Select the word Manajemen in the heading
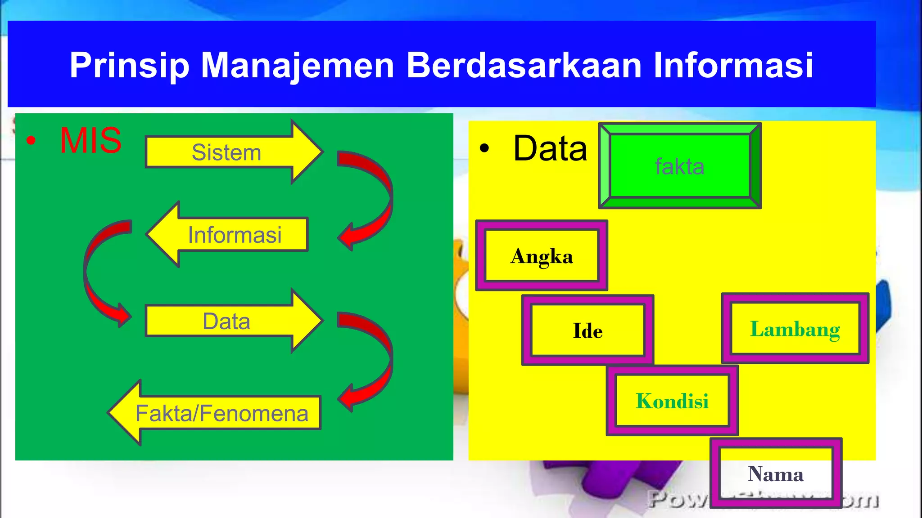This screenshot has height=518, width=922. (297, 66)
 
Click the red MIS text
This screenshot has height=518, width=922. (90, 141)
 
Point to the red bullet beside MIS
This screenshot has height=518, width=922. (31, 141)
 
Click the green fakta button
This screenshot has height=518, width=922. (679, 166)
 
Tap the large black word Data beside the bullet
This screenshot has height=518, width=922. (550, 148)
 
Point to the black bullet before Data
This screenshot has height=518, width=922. (484, 148)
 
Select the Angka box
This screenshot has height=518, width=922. (542, 256)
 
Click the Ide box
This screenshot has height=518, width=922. (588, 330)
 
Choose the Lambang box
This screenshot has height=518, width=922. (795, 329)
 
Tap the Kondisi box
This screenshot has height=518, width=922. (672, 401)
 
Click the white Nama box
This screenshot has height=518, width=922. (775, 473)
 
